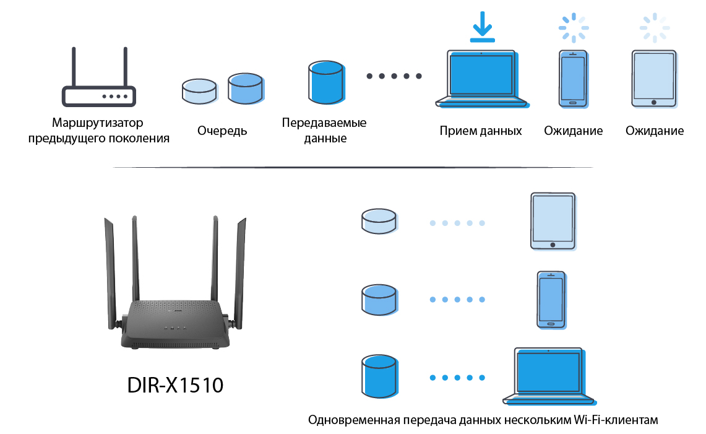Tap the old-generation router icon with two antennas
point(99,80)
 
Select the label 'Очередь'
point(222,131)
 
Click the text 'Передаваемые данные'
point(324,130)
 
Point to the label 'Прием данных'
point(481,131)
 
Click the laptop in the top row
point(482,79)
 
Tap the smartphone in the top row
point(572,78)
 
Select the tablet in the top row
point(653,78)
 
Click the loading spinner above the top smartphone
point(574,27)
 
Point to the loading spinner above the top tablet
point(654,27)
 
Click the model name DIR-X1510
point(175,385)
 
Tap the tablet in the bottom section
point(553,221)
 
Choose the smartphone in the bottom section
point(550,299)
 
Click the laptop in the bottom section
point(549,375)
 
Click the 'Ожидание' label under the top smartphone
point(574,131)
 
